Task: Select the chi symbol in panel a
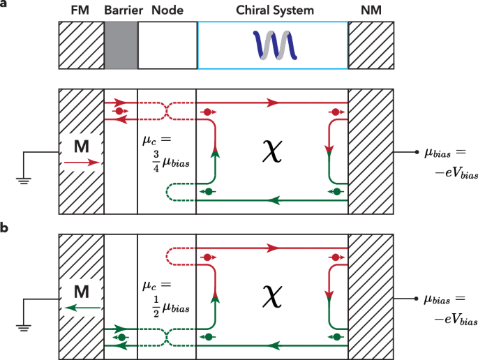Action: pos(273,151)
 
